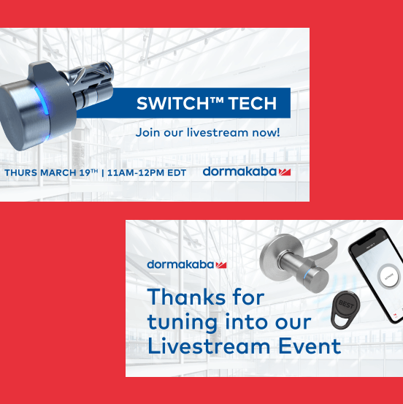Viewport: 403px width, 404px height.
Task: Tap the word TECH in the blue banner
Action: click(x=252, y=103)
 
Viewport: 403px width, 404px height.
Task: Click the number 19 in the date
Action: click(x=84, y=172)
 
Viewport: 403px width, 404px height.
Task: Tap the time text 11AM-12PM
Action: click(x=136, y=172)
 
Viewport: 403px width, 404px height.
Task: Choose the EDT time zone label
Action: click(x=177, y=172)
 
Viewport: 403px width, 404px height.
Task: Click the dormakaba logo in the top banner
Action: click(x=247, y=172)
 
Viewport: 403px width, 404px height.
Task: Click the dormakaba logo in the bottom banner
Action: click(x=187, y=264)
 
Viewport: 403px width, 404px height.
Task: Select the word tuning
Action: click(x=183, y=323)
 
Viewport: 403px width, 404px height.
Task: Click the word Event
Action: click(x=310, y=346)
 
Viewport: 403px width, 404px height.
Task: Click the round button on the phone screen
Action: click(x=388, y=276)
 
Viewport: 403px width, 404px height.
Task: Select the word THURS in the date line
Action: click(x=21, y=172)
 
